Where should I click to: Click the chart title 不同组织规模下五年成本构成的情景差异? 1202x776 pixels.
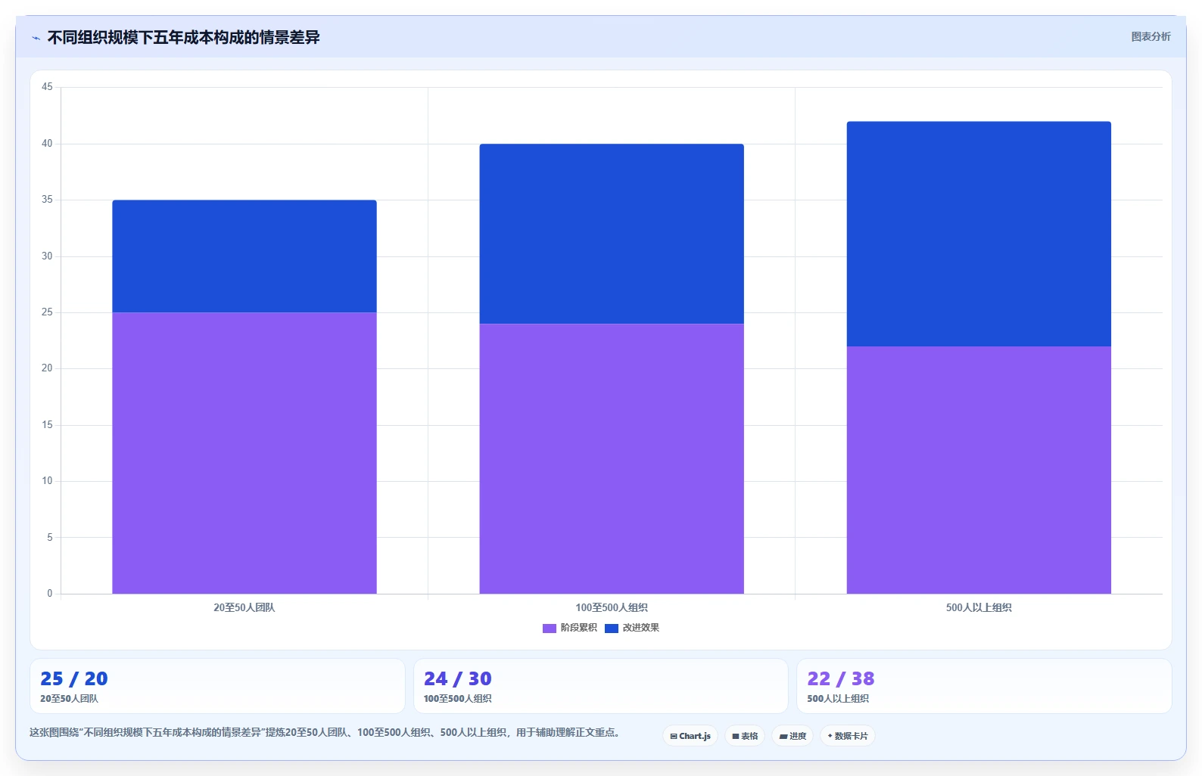point(183,38)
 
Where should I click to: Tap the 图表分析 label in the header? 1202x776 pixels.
point(1151,36)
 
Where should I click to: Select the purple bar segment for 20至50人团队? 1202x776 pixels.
point(244,453)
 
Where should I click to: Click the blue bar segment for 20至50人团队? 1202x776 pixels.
point(244,256)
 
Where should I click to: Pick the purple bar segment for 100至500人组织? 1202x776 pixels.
point(612,458)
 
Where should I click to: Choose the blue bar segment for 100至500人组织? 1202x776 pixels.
point(612,234)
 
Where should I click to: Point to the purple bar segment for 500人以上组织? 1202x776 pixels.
point(979,470)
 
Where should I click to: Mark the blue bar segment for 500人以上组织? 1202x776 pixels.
point(979,234)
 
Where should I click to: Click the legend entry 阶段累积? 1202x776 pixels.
point(570,628)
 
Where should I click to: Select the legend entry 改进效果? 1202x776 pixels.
point(632,628)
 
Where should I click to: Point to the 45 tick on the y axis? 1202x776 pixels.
point(47,87)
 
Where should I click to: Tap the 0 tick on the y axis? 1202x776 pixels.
point(50,593)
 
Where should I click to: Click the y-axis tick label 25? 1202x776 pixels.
point(47,312)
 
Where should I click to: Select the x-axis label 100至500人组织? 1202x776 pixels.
point(612,607)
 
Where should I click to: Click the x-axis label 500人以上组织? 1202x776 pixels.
point(979,607)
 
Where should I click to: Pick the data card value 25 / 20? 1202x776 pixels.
point(74,679)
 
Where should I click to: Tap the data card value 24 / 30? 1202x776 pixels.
point(458,679)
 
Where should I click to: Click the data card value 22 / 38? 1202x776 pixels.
point(841,679)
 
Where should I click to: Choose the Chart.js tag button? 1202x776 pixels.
point(690,736)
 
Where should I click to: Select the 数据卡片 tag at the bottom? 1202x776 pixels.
point(847,736)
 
